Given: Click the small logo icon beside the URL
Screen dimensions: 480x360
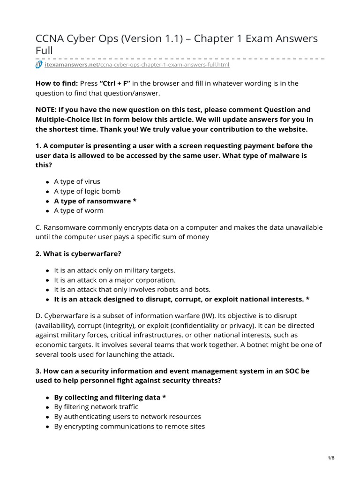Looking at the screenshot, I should [x=39, y=65].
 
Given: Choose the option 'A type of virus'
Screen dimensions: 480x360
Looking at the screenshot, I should [x=77, y=181].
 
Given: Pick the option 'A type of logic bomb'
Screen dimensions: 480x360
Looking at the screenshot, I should [x=87, y=191].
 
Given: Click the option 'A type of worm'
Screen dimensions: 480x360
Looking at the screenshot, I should [x=79, y=211].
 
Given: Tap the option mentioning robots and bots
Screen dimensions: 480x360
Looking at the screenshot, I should [x=132, y=290].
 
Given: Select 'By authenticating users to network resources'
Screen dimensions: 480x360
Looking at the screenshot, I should [x=127, y=417].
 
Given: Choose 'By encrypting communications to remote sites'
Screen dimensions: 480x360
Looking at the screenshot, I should [x=129, y=427].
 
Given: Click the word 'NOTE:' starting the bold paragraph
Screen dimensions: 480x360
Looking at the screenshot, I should [x=47, y=110].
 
